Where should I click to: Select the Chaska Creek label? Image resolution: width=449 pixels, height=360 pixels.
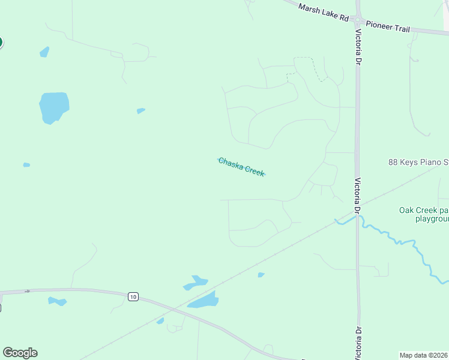coord(241,166)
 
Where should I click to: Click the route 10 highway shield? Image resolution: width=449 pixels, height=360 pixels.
coord(133,296)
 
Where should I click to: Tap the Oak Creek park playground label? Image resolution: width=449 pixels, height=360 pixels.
coord(424,214)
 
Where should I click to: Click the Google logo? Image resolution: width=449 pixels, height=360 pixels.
coord(20,353)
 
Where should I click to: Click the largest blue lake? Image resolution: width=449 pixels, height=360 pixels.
coord(53,107)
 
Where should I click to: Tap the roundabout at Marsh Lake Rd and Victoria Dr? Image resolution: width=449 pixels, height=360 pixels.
coord(358,19)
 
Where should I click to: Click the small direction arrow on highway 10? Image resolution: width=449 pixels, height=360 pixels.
coord(28,292)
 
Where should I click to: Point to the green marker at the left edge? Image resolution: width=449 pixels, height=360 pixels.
coord(1,42)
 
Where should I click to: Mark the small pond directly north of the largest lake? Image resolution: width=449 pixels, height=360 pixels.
coord(44,52)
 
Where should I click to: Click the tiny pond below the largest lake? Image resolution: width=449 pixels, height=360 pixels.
coord(26,164)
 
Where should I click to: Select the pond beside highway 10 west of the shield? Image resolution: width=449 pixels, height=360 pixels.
coord(57,301)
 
